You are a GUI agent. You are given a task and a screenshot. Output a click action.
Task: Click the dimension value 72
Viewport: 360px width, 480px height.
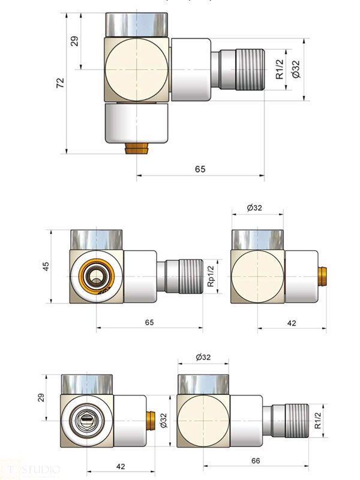pyautogui.click(x=59, y=83)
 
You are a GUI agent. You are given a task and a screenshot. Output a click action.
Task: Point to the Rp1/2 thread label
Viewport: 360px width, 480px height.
pyautogui.click(x=211, y=277)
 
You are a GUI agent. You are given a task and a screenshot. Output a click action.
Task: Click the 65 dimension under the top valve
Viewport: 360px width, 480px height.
pyautogui.click(x=200, y=169)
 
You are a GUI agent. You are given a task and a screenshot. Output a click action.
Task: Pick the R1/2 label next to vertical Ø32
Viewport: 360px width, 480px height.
pyautogui.click(x=279, y=69)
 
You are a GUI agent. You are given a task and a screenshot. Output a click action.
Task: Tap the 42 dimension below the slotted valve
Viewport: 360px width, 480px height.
pyautogui.click(x=119, y=465)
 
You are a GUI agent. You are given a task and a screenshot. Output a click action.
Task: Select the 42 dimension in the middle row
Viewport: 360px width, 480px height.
pyautogui.click(x=292, y=323)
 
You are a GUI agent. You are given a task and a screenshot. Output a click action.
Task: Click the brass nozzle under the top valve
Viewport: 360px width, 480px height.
pyautogui.click(x=137, y=147)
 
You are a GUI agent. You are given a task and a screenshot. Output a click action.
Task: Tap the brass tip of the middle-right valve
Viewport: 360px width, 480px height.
pyautogui.click(x=323, y=277)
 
